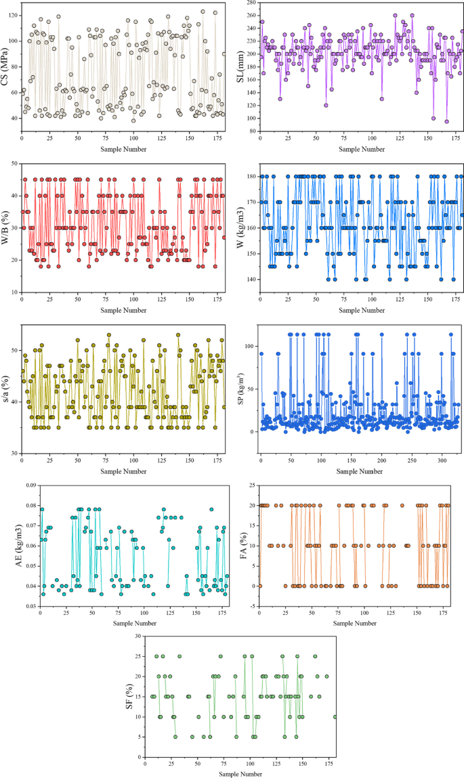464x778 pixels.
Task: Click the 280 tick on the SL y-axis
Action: pyautogui.click(x=251, y=3)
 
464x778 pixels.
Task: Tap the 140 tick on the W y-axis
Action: pyautogui.click(x=251, y=279)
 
